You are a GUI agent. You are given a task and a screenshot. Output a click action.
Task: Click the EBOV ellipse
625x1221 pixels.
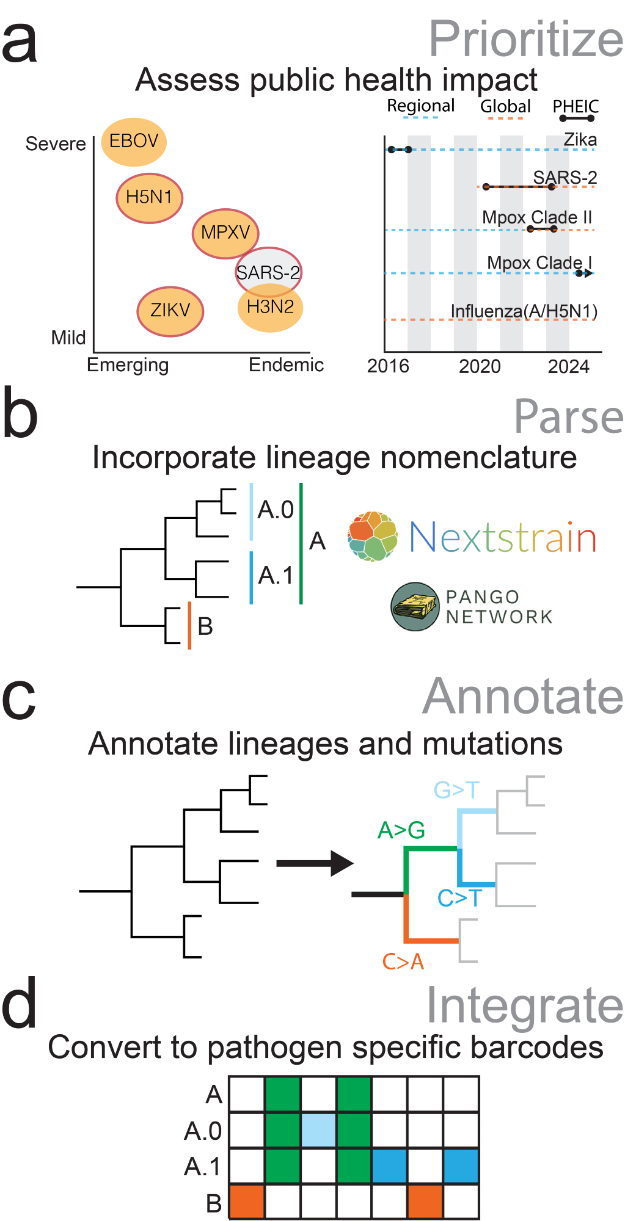[x=134, y=142]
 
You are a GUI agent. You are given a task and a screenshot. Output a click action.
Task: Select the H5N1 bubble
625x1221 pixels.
[x=149, y=198]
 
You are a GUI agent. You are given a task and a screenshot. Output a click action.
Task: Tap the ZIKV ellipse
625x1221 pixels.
[x=170, y=311]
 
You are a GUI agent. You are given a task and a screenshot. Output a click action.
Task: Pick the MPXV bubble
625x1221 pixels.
[x=225, y=233]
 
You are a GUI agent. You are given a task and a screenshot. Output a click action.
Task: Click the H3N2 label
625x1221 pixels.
[x=271, y=307]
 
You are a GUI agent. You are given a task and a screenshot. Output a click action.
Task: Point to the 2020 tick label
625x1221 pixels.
[x=480, y=366]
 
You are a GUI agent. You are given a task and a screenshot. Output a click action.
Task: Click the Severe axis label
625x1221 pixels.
[x=56, y=144]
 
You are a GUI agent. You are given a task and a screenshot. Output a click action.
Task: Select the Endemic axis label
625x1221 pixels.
[x=286, y=365]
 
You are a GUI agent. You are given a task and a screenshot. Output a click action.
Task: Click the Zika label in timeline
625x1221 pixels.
[x=580, y=140]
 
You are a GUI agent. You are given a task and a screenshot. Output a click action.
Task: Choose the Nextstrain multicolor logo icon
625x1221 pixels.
[x=373, y=537]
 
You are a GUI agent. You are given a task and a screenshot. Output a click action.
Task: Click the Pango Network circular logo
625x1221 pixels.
[x=415, y=606]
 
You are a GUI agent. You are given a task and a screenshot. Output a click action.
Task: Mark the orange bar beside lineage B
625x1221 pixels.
[x=189, y=625]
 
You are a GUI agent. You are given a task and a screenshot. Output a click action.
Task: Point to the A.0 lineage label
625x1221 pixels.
[x=276, y=510]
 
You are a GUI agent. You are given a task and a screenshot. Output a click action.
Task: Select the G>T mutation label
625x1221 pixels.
[x=456, y=790]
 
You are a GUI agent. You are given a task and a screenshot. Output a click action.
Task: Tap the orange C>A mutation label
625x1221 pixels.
[x=403, y=962]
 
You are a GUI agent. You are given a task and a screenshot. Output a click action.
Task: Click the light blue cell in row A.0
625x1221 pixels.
[x=318, y=1130]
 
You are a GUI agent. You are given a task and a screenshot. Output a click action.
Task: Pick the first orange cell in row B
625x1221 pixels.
[x=247, y=1201]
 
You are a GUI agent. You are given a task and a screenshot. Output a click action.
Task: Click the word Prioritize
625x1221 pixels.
[x=525, y=39]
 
